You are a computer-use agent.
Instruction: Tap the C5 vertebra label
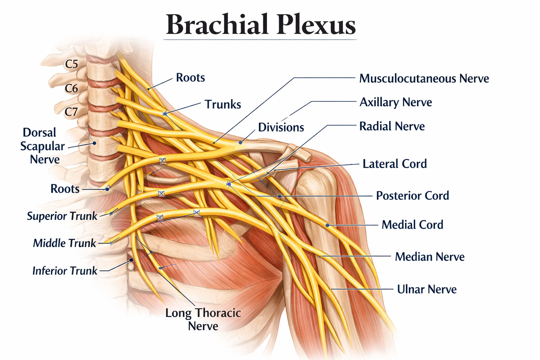(x=72, y=64)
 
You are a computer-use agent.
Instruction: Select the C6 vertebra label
(x=71, y=89)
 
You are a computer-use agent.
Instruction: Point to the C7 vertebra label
(x=71, y=112)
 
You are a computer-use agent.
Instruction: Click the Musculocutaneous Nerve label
(x=424, y=79)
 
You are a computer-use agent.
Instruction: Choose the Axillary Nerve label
(x=396, y=102)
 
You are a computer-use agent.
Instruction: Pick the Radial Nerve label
(x=392, y=126)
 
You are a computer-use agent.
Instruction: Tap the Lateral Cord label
(x=395, y=164)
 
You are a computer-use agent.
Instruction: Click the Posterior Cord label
(x=412, y=195)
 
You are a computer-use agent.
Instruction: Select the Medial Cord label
(x=412, y=225)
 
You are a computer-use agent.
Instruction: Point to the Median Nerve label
(x=430, y=257)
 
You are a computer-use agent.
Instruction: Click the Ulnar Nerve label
(x=427, y=289)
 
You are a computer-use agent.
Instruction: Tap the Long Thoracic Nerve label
(x=203, y=320)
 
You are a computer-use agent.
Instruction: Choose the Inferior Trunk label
(x=65, y=271)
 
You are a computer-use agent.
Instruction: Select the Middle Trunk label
(x=64, y=243)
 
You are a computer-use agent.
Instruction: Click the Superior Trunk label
(x=62, y=216)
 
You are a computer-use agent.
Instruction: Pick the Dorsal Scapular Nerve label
(x=43, y=146)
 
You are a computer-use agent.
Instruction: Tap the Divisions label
(x=281, y=127)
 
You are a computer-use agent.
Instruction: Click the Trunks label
(x=223, y=104)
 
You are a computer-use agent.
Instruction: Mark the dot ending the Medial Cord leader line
(x=327, y=225)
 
